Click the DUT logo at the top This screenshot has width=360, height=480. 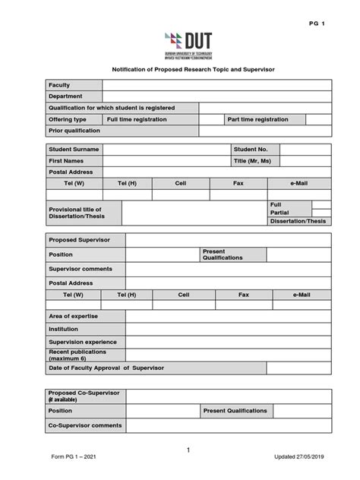pos(188,46)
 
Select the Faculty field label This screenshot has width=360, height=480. pos(59,85)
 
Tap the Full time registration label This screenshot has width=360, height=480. pos(136,119)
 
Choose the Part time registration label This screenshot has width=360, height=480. pos(257,119)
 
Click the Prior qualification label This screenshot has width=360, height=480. pos(74,131)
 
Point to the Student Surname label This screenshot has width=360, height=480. pos(74,150)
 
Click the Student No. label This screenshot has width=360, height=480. pos(251,150)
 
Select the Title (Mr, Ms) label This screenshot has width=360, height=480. pos(252,161)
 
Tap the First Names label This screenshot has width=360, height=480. pos(67,161)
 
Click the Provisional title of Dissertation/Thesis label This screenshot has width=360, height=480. pos(74,213)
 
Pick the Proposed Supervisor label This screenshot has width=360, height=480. pos(79,240)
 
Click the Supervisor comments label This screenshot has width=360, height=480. pos(80,269)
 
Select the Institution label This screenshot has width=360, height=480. pos(64,329)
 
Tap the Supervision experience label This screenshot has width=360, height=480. pos(82,342)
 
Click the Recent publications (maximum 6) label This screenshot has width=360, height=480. pos(78,355)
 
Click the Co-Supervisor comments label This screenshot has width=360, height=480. pos(85,425)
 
